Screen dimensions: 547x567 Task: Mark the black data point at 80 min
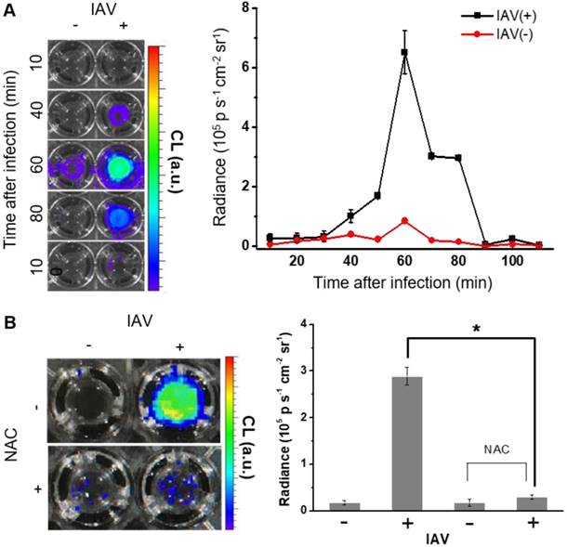click(458, 158)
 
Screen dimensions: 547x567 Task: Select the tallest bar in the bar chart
click(408, 443)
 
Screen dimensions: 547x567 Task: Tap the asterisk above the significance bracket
click(476, 330)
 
